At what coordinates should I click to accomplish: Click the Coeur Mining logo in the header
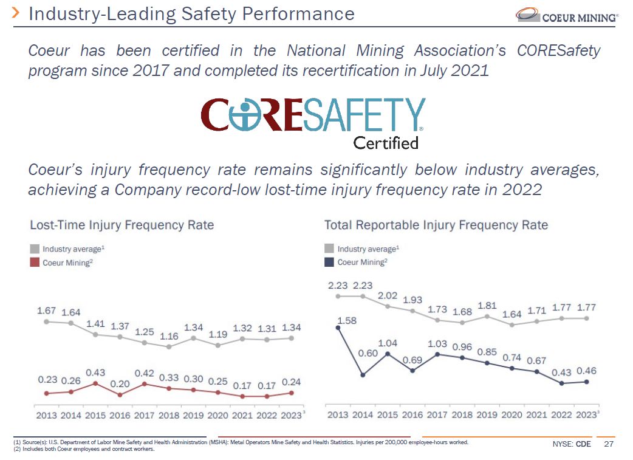[x=566, y=15]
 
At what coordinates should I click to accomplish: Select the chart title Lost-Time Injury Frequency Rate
[x=122, y=225]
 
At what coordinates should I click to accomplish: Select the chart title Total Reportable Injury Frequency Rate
[x=436, y=225]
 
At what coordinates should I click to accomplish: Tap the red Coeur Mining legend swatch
[x=35, y=263]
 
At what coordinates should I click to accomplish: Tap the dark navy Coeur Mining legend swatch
[x=329, y=262]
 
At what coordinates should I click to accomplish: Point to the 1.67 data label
[x=47, y=311]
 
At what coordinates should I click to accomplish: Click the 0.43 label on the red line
[x=96, y=372]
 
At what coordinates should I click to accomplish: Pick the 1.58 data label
[x=346, y=321]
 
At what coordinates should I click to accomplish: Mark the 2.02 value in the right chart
[x=388, y=296]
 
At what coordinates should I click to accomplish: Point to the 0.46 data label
[x=586, y=371]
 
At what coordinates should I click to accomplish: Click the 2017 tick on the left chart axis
[x=145, y=416]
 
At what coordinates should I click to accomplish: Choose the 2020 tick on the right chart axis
[x=512, y=415]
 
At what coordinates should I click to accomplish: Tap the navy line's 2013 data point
[x=338, y=328]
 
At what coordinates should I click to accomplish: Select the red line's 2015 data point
[x=96, y=383]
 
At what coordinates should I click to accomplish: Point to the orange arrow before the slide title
[x=16, y=13]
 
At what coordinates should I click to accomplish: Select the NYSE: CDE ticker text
[x=572, y=444]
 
